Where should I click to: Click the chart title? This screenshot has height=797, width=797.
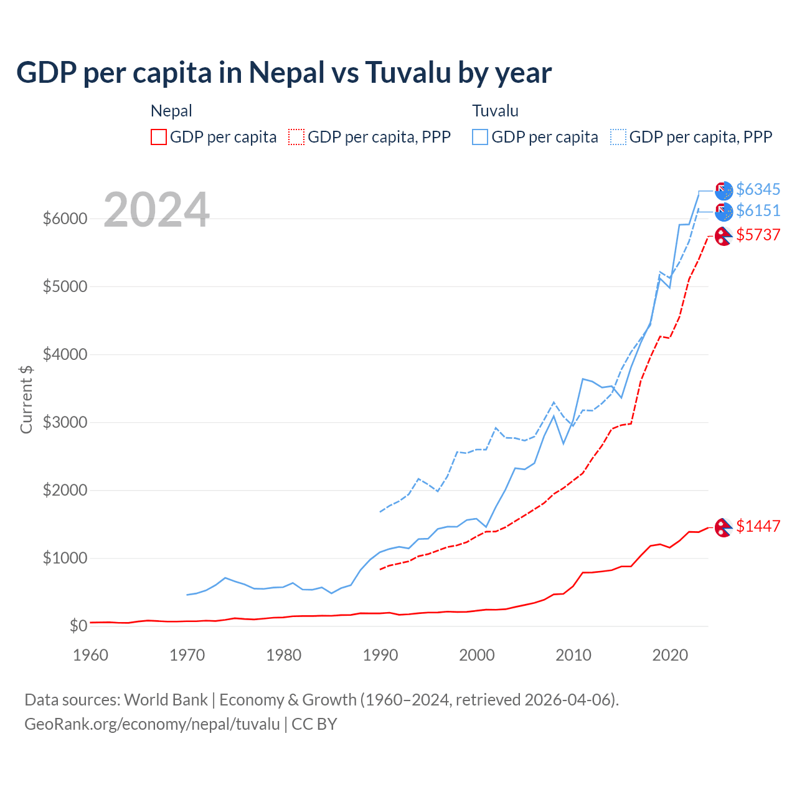coord(284,73)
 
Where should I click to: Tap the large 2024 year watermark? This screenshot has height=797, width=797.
coord(156,210)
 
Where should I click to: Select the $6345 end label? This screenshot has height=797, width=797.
coord(758,189)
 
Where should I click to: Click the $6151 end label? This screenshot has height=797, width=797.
coord(758,210)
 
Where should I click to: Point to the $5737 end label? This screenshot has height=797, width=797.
coord(758,235)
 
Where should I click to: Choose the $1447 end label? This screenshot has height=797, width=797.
coord(758,526)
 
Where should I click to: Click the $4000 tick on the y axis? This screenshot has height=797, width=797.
coord(65,354)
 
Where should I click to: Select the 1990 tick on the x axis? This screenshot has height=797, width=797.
coord(380,655)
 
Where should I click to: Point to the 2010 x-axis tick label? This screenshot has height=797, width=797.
coord(573,655)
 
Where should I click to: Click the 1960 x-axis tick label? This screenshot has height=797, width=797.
coord(91,655)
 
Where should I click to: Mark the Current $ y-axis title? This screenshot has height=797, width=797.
coord(26,399)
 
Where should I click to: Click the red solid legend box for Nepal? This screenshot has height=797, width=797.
coord(159,137)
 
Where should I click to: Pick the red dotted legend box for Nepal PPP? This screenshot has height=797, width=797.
coord(296,137)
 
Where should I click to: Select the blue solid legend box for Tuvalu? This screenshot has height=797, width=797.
coord(480,137)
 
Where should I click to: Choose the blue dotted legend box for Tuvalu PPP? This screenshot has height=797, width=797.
coord(618,137)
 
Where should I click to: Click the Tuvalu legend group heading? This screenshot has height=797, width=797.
coord(495,111)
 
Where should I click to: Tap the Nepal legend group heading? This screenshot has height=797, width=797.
coord(171,111)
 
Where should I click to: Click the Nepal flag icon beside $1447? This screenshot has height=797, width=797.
coord(723,527)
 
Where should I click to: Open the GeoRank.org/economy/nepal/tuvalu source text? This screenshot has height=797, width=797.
coord(152,724)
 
